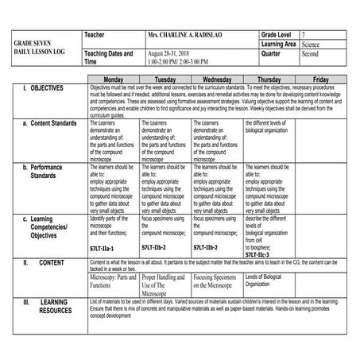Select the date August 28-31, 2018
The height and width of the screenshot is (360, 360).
172,52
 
